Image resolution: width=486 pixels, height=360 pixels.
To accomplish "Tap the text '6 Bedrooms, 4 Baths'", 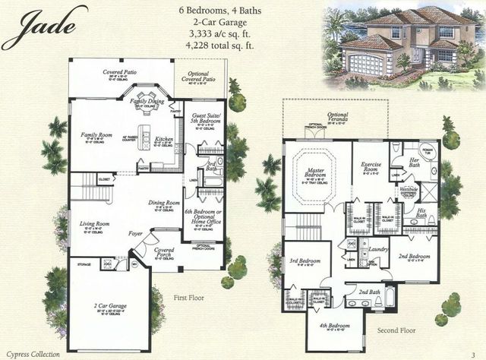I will click(227, 11).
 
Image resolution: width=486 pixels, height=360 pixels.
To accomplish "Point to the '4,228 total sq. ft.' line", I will click(227, 46).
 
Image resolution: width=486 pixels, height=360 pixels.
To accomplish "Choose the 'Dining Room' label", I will click(163, 203).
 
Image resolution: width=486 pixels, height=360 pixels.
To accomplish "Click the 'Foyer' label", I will click(137, 234).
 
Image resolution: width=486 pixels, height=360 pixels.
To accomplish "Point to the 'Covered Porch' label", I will click(163, 251).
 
